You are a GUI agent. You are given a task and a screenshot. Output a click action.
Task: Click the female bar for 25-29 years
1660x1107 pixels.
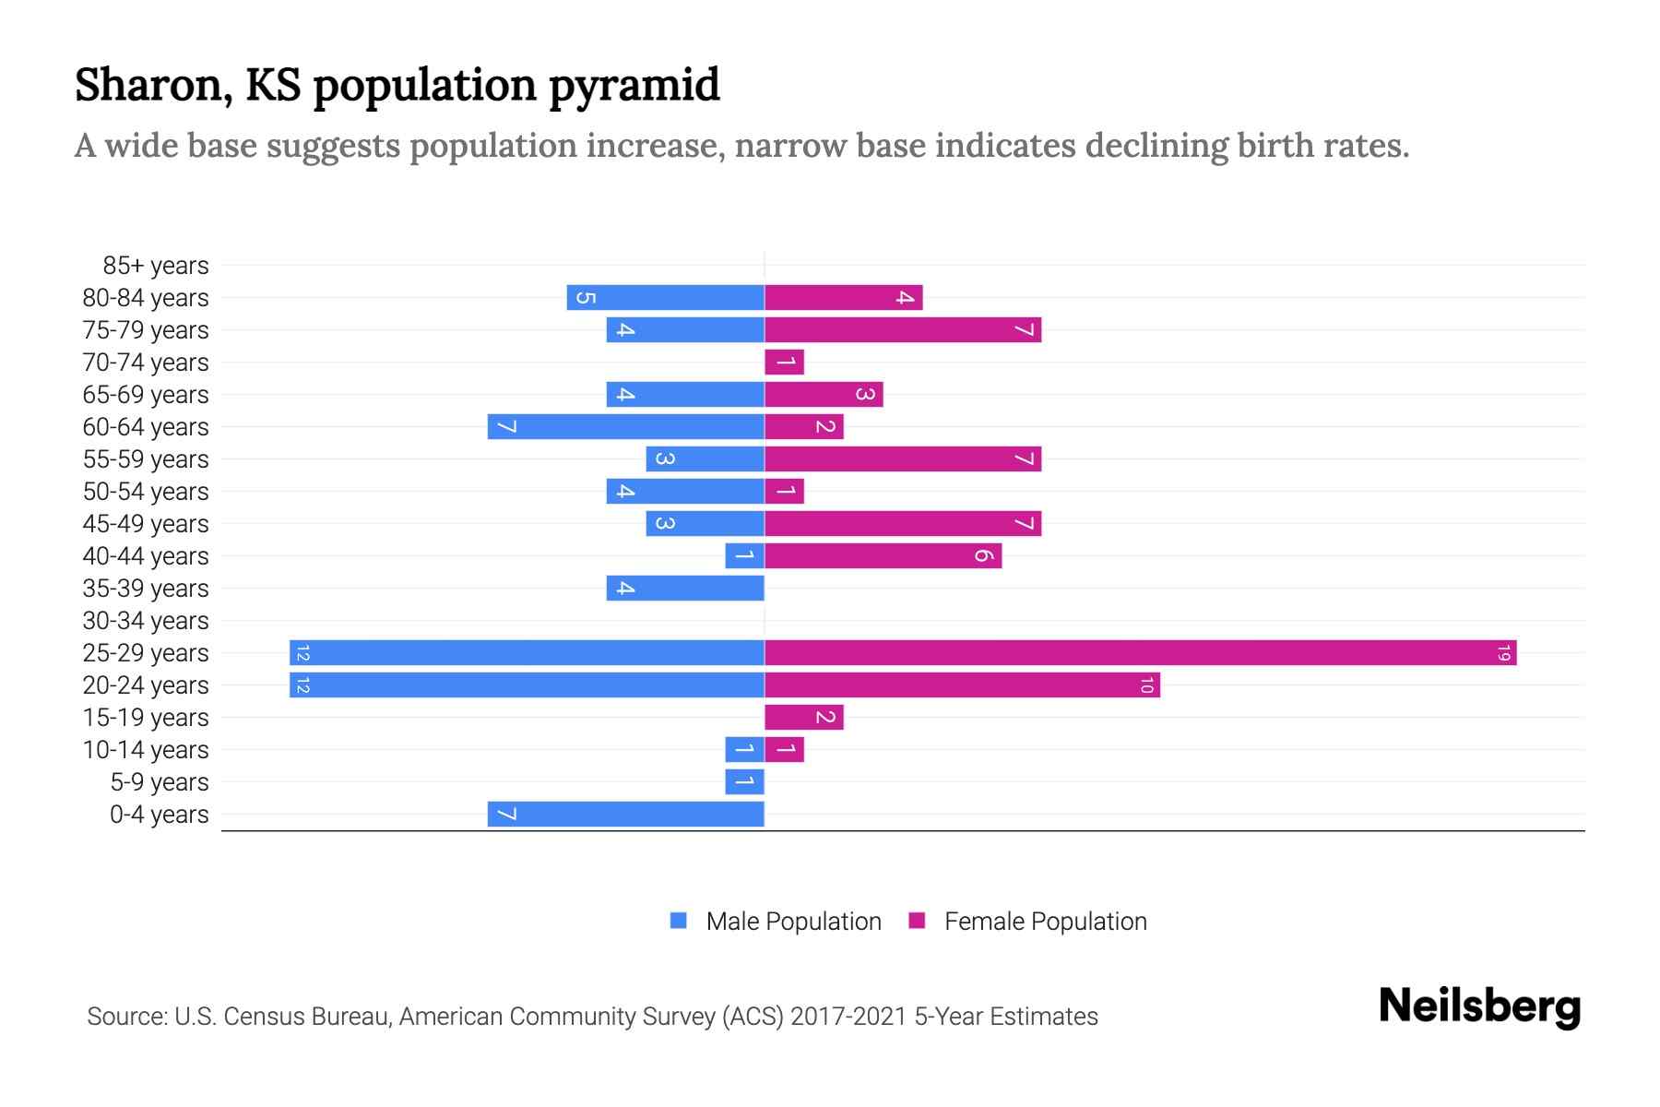coord(1140,653)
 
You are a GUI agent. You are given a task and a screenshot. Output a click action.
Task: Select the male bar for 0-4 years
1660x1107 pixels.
coord(625,815)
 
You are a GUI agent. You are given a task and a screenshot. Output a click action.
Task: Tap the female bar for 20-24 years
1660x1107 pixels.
coord(962,685)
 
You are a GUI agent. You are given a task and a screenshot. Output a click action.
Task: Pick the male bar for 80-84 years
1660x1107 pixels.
coord(665,298)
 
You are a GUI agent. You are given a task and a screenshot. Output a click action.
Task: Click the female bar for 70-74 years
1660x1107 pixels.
coord(784,363)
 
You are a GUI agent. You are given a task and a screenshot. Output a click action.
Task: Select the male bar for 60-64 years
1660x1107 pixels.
coord(625,427)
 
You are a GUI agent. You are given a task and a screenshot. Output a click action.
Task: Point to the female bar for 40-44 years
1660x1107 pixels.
coord(883,556)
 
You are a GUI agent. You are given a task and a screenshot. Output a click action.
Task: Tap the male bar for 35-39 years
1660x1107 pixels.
coord(685,589)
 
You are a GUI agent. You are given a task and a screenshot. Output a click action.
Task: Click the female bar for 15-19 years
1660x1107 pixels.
coord(803,718)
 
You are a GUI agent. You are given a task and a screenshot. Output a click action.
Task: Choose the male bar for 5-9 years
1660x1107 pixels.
coord(744,782)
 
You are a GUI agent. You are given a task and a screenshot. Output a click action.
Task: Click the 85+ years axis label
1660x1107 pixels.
coord(156,266)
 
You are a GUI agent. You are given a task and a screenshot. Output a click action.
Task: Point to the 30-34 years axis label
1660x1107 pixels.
coord(146,621)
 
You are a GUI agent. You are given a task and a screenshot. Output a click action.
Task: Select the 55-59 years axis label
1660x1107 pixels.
coord(146,459)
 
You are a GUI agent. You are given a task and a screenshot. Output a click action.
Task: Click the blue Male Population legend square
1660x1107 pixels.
coord(679,921)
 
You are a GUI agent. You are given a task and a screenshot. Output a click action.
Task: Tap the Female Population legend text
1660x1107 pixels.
coord(1045,922)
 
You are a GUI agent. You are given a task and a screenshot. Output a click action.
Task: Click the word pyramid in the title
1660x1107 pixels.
coord(634,85)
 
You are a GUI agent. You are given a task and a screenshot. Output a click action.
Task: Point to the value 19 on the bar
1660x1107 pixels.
coord(1503,653)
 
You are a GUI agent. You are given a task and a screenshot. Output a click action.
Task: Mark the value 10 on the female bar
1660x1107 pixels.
coord(1146,685)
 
